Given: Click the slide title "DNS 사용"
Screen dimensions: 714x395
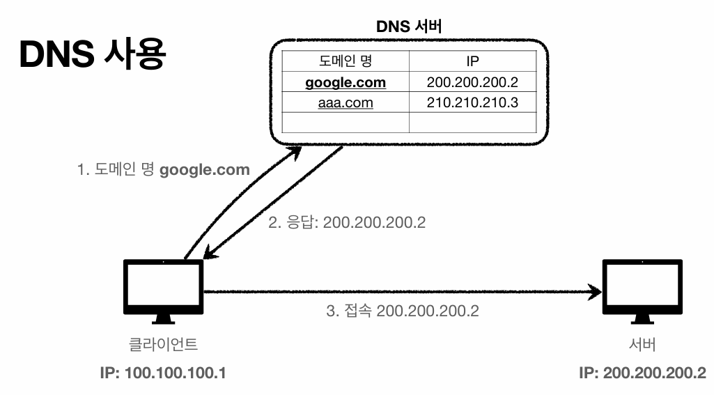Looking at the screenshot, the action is point(93,54).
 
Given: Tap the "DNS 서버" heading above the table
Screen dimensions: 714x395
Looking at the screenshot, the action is point(409,26).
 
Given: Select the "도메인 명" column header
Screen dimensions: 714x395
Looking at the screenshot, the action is point(346,61).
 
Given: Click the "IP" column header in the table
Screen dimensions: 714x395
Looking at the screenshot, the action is point(473,61).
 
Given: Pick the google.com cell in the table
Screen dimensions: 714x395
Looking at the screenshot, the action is point(346,82).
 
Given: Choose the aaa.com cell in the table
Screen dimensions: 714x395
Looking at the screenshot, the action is point(346,102).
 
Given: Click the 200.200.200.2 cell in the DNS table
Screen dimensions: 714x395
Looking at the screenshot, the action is point(473,82).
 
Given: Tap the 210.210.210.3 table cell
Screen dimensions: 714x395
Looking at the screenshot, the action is point(473,102).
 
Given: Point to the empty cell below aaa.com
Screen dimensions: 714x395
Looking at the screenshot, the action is point(346,123).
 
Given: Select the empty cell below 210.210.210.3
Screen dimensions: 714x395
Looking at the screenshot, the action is point(473,123).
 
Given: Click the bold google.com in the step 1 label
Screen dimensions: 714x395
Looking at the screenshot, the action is point(205,171).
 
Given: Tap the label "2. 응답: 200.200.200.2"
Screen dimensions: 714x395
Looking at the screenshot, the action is point(347,222).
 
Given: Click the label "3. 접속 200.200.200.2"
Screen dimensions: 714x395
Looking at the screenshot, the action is point(403,311).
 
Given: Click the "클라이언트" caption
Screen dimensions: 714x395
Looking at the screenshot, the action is point(164,344).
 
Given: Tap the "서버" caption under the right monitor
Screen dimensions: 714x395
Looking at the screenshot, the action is point(642,344).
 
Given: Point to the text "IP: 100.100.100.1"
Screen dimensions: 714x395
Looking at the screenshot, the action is point(163,373).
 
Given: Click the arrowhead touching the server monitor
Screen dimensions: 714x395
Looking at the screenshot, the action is point(596,292).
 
